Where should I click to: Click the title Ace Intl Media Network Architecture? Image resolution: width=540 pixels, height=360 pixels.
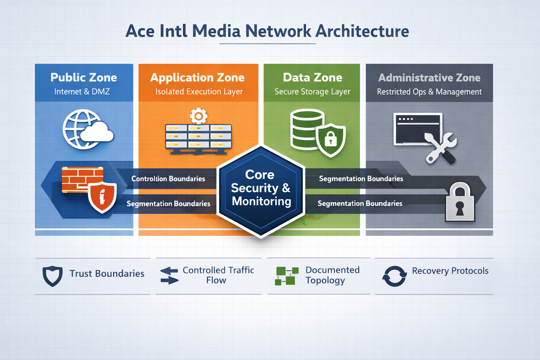[267, 31]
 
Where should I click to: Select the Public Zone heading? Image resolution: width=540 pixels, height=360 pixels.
[84, 77]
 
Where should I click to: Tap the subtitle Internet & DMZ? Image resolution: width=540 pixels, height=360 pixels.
[82, 92]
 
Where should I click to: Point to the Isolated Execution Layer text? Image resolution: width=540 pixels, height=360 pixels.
[199, 92]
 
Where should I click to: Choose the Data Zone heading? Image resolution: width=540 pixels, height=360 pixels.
[313, 77]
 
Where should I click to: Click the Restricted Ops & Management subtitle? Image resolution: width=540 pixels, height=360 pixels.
[429, 92]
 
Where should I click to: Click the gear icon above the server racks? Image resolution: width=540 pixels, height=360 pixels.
[199, 116]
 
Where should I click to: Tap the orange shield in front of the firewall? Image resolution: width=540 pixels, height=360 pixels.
[102, 197]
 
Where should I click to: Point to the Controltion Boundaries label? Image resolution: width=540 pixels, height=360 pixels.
[168, 179]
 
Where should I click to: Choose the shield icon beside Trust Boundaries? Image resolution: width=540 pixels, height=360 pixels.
[52, 276]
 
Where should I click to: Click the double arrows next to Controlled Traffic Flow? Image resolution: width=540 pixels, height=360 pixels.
[169, 276]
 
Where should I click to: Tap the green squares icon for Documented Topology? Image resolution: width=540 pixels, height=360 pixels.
[287, 276]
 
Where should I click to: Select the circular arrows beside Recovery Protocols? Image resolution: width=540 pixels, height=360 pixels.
[394, 276]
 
